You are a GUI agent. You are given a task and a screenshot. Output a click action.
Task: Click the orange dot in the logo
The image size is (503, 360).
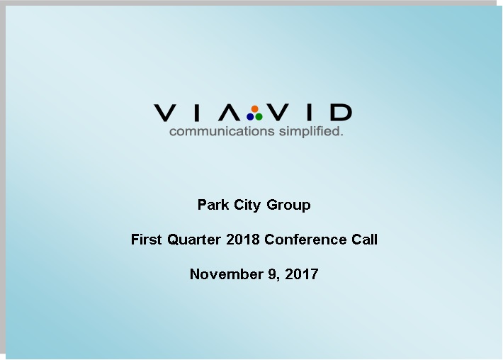255,109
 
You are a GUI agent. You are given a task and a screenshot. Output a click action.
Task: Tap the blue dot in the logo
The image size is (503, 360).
250,117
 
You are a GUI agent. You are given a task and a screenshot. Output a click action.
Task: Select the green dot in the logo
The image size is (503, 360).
259,117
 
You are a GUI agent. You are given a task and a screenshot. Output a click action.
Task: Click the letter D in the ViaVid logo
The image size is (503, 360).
341,112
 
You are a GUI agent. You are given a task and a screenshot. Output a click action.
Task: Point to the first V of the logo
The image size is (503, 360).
164,113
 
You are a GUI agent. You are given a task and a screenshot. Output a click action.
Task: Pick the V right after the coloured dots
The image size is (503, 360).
278,112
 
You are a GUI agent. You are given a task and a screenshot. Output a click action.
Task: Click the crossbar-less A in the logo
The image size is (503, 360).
230,113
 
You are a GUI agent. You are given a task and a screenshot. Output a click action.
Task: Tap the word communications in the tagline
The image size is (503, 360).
222,131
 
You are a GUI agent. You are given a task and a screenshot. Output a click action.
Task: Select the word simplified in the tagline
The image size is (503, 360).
310,131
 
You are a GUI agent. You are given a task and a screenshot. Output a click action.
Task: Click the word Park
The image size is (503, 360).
213,205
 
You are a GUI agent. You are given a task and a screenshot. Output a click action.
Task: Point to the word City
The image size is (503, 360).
247,206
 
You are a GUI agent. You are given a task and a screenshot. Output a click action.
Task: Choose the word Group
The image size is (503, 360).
288,206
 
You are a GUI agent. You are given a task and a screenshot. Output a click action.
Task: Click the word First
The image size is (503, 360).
146,240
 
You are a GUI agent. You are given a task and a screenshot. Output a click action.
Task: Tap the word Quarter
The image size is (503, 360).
194,240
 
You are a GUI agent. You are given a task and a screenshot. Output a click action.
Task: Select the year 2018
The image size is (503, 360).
243,240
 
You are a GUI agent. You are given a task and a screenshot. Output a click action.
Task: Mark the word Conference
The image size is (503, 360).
305,240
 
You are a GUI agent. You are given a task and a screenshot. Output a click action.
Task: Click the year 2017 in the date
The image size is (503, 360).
302,274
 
